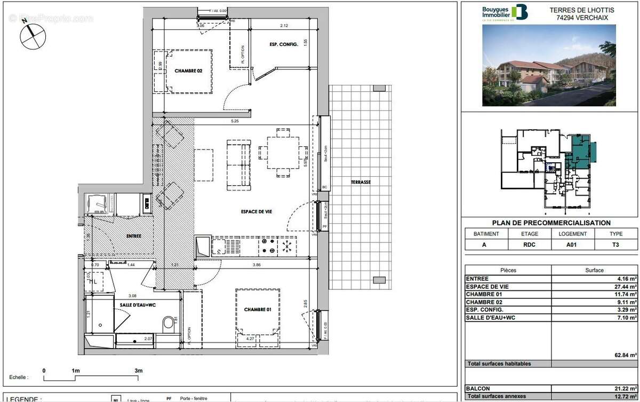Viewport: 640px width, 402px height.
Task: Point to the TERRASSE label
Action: (x=361, y=182)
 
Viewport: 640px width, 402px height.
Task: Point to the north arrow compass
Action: (x=33, y=36)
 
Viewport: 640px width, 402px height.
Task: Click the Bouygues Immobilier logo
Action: (x=504, y=12)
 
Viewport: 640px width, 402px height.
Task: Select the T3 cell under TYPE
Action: (x=615, y=245)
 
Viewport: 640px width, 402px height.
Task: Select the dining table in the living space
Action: (x=283, y=152)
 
